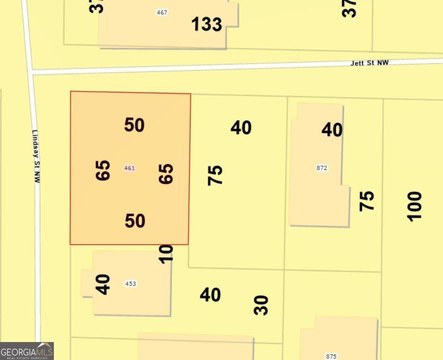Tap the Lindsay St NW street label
click(37, 161)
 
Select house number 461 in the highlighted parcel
click(129, 167)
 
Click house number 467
click(162, 12)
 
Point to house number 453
click(130, 284)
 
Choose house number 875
click(331, 355)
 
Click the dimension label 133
click(207, 24)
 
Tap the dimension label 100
click(414, 204)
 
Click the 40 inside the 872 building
click(332, 130)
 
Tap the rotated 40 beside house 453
click(102, 283)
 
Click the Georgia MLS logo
click(27, 351)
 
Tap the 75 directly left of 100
click(367, 200)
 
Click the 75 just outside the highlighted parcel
click(214, 175)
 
